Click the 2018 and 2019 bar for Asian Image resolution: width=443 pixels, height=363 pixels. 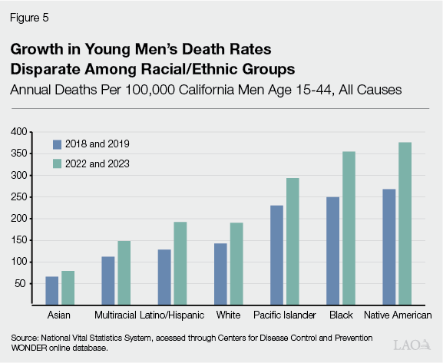click(52, 291)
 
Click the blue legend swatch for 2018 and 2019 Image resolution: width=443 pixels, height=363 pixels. click(57, 144)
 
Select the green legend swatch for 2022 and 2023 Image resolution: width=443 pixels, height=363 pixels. click(57, 163)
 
